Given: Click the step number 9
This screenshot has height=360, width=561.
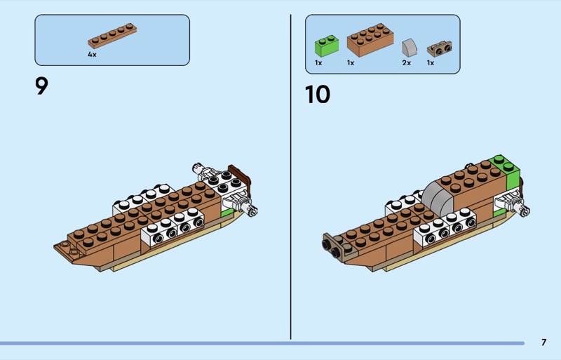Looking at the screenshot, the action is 41,86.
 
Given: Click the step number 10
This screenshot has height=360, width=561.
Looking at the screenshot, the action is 318,95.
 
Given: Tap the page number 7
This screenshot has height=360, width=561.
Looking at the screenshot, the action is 544,342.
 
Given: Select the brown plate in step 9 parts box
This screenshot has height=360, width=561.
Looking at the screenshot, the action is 112,36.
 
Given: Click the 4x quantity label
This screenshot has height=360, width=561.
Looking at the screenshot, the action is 92,55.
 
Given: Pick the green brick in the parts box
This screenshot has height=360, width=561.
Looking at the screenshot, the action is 327,46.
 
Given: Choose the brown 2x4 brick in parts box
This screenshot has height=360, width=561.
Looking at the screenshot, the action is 370,40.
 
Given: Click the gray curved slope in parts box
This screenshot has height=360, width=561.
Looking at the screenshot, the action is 410,47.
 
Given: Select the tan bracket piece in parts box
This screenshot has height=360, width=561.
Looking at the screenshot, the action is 440,48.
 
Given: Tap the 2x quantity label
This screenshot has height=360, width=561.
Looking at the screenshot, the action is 407,62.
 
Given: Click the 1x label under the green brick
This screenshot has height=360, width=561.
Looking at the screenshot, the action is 318,62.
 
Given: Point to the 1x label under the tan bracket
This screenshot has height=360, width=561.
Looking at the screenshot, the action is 431,62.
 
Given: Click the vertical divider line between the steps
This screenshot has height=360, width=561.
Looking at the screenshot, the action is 290,177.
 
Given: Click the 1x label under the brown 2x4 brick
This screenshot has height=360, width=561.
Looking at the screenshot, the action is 350,62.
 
